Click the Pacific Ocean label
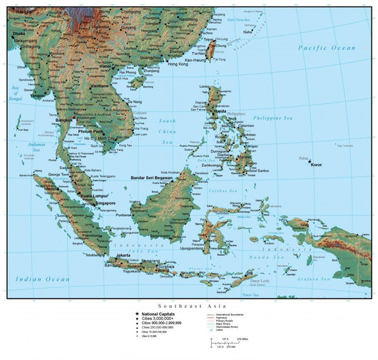[x=327, y=47]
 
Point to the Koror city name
[x=316, y=165]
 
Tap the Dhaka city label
[x=19, y=33]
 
